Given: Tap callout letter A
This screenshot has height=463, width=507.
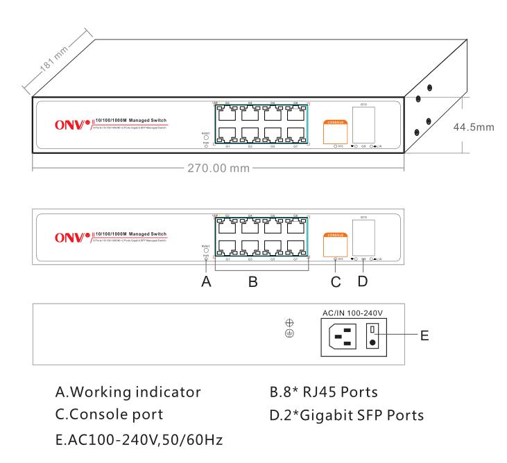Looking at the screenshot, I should click(206, 283).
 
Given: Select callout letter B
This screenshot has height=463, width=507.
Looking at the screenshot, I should click(253, 283).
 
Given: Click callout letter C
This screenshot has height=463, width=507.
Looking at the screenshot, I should click(336, 283).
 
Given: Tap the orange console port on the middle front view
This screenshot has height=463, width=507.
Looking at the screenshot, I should click(336, 243).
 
